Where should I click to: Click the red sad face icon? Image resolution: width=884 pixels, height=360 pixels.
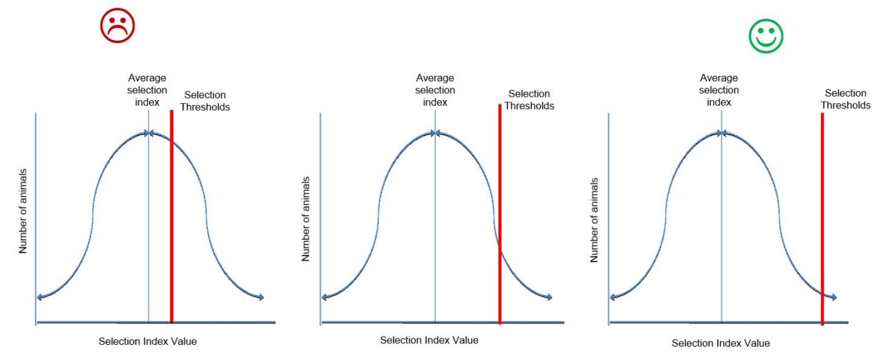pyautogui.click(x=117, y=26)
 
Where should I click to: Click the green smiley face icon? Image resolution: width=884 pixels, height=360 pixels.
pyautogui.click(x=766, y=36)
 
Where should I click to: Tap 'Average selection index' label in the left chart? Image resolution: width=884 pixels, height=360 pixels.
pyautogui.click(x=147, y=90)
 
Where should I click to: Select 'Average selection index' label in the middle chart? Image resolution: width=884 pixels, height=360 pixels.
pyautogui.click(x=436, y=90)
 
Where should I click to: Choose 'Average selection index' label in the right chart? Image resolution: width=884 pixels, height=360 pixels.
pyautogui.click(x=719, y=90)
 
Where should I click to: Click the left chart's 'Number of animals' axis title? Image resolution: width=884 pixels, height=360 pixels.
pyautogui.click(x=23, y=211)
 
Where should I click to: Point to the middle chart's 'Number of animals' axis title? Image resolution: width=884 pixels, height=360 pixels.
pyautogui.click(x=306, y=219)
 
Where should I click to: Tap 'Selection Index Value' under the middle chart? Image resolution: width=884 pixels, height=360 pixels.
pyautogui.click(x=429, y=340)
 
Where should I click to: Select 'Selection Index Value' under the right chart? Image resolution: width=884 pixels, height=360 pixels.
pyautogui.click(x=720, y=343)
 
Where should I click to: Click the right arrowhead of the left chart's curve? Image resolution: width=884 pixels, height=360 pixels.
pyautogui.click(x=261, y=298)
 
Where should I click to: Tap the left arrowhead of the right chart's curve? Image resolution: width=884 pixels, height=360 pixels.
pyautogui.click(x=613, y=298)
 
